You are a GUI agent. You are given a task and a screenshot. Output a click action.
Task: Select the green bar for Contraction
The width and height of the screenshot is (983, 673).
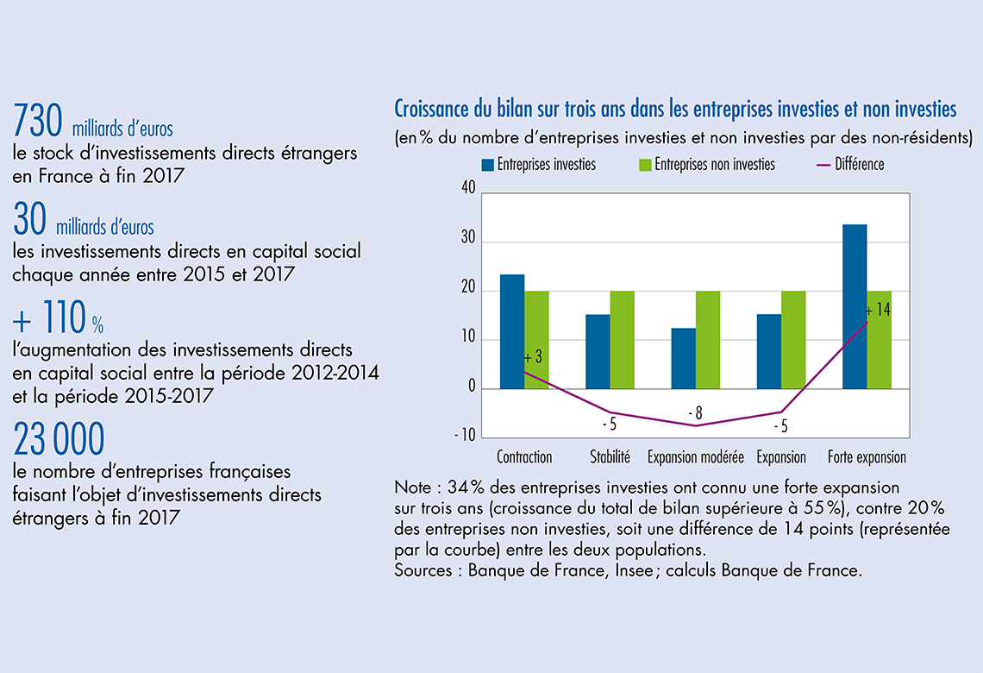point(536,340)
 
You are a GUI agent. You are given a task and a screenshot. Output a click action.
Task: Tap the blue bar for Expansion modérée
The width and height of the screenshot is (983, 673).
point(684,358)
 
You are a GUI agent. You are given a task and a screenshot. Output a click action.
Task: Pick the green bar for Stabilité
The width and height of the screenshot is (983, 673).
point(622,340)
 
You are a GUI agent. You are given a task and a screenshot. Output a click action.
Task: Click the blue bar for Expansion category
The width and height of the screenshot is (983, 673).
point(769,351)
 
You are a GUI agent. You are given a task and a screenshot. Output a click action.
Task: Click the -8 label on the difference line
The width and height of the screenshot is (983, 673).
point(695,414)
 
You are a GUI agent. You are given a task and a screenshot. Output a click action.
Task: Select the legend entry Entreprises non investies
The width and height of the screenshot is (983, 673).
point(714,164)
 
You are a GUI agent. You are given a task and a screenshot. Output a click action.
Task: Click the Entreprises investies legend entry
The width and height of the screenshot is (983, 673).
point(546,164)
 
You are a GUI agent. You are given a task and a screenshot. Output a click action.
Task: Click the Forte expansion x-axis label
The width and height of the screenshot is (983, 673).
point(867,457)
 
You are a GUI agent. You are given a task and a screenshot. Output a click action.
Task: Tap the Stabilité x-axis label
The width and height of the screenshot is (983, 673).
point(610,457)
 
